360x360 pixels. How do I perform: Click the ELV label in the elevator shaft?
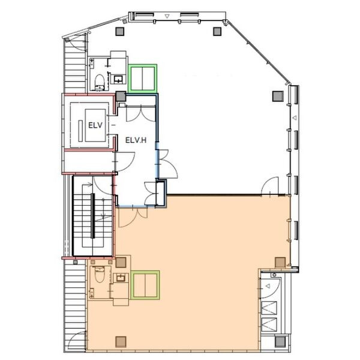[95, 125]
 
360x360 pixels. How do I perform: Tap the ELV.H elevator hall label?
[136, 140]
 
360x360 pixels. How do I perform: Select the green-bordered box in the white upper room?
[142, 79]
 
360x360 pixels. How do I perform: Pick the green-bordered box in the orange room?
[145, 285]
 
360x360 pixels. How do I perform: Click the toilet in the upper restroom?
[100, 82]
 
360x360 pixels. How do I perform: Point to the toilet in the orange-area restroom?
[100, 274]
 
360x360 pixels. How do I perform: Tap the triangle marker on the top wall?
[167, 16]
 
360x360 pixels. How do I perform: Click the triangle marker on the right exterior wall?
[295, 118]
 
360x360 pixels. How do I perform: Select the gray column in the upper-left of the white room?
[120, 31]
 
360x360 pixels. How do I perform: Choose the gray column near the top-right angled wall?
[217, 31]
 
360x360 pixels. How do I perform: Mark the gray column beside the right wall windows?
[278, 96]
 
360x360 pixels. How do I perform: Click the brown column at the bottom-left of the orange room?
[121, 342]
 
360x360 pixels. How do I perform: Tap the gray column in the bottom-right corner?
[280, 341]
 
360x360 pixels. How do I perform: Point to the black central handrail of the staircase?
[93, 216]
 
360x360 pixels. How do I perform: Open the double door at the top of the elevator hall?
[141, 114]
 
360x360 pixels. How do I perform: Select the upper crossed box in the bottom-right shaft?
[269, 308]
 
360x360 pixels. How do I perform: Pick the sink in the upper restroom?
[118, 79]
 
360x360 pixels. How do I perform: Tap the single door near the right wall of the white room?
[270, 186]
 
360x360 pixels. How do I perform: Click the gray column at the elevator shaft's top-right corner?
[121, 97]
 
